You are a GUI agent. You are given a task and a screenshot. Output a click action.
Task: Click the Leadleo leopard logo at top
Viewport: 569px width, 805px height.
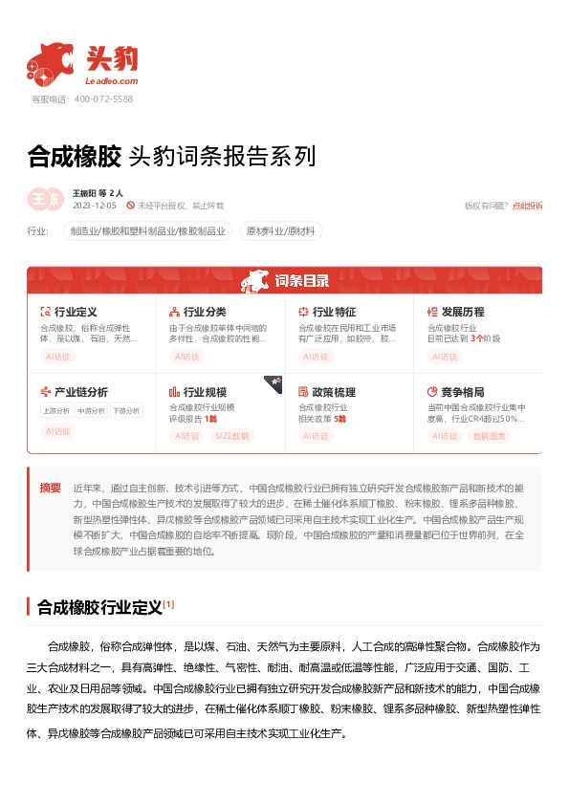(x=52, y=61)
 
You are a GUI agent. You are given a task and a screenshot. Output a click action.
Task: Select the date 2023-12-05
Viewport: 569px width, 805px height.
(x=94, y=206)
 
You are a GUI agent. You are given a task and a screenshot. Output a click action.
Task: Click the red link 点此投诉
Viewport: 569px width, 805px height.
(x=527, y=206)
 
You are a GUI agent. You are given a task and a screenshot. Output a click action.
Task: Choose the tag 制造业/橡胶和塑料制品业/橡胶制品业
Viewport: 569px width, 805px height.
(x=148, y=230)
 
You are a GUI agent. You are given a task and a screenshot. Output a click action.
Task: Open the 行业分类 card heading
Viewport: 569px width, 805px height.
(x=205, y=312)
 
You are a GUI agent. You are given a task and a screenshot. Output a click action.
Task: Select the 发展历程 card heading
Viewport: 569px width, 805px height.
(x=463, y=312)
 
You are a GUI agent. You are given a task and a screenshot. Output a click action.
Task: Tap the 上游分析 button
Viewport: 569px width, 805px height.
(x=55, y=411)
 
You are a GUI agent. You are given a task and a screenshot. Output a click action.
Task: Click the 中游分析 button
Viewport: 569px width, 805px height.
(x=91, y=411)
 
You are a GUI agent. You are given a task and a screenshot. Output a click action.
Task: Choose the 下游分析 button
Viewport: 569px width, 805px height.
(x=125, y=411)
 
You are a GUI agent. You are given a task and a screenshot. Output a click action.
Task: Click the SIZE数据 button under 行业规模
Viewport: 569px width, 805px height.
(x=231, y=436)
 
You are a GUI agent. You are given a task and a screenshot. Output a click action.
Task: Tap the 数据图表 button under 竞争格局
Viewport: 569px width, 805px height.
(x=492, y=436)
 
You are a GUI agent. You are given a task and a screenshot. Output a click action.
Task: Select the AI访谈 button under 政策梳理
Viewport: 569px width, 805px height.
(x=315, y=436)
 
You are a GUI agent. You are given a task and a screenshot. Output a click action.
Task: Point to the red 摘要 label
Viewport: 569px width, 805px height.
(x=50, y=488)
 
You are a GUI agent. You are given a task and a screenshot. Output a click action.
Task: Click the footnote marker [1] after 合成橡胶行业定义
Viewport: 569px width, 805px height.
(x=168, y=604)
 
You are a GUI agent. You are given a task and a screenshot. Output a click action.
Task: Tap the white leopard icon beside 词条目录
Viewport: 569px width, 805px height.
(x=256, y=280)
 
